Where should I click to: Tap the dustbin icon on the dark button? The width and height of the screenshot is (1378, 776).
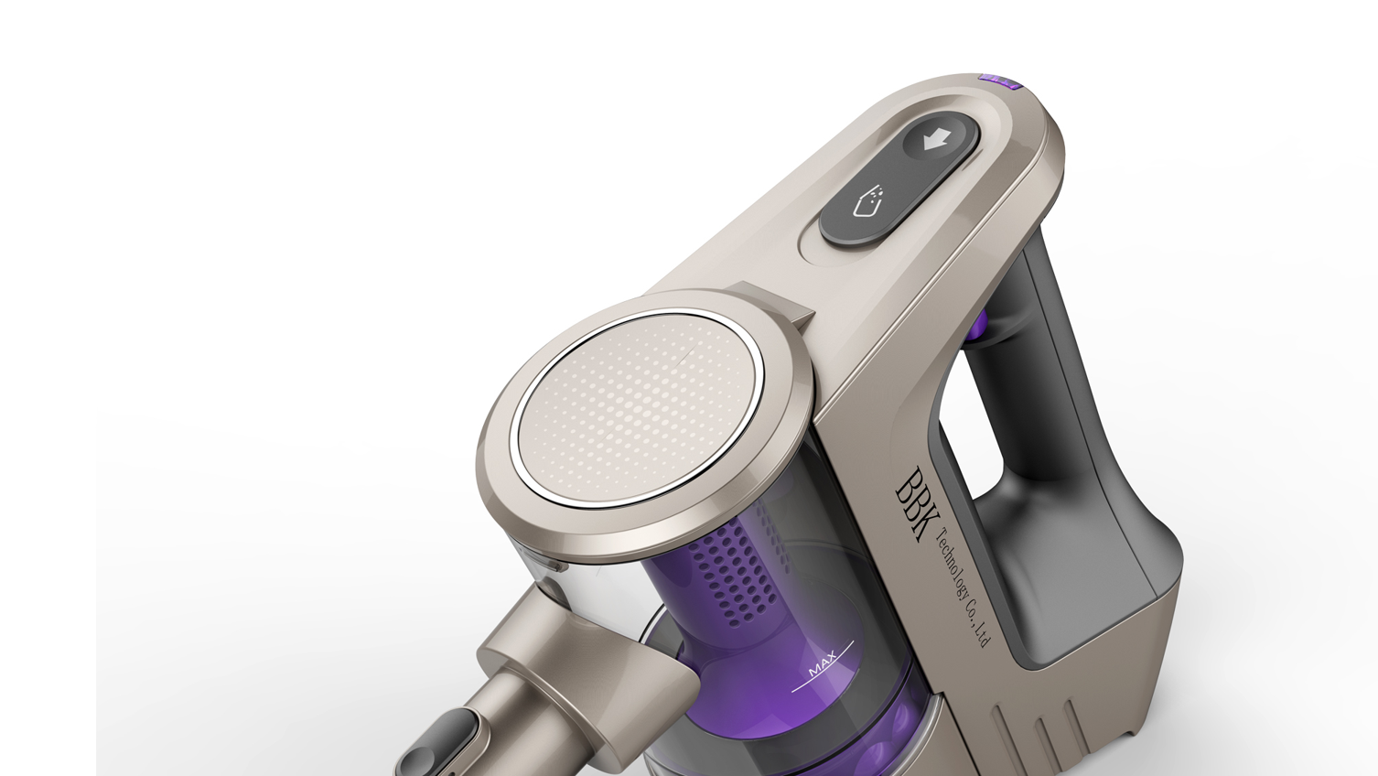(865, 203)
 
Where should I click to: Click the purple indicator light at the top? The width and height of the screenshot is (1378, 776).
(999, 81)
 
